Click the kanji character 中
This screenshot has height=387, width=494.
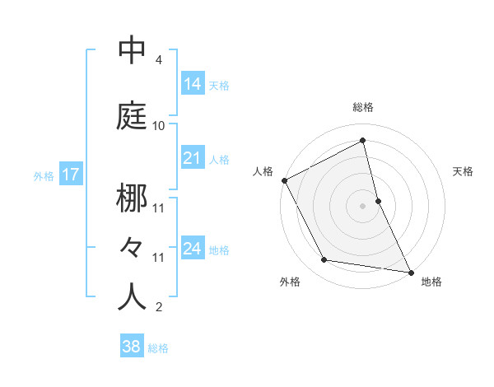pos(132,51)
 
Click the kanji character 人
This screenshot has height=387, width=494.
pos(132,297)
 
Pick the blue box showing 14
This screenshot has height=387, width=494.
pos(193,84)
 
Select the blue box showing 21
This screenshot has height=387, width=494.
pos(193,158)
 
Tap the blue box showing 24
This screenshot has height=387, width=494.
pos(193,249)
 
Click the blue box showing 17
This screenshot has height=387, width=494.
pos(71,175)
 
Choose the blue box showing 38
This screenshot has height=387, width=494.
pos(132,347)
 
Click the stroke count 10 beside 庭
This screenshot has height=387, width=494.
pos(159,126)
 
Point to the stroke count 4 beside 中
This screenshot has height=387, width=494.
pos(159,60)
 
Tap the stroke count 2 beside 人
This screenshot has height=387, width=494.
pos(159,307)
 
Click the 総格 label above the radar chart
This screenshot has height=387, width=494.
pos(363,107)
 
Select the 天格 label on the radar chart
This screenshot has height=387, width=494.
pos(463,171)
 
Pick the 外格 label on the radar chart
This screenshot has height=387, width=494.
pos(290,282)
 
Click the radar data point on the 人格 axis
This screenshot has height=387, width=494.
pos(284,180)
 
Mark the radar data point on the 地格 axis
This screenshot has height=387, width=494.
pos(411,272)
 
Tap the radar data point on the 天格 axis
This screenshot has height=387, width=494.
pos(378,201)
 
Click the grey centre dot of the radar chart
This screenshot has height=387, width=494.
pos(363,206)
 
